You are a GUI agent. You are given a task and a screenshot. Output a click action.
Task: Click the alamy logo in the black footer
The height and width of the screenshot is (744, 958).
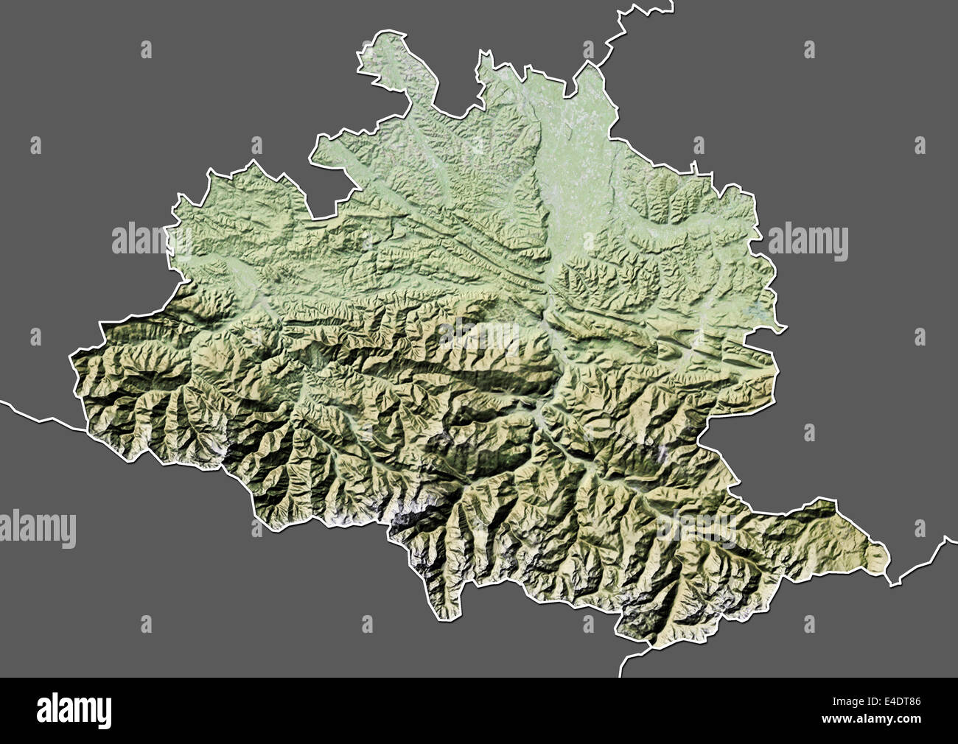(x=74, y=709)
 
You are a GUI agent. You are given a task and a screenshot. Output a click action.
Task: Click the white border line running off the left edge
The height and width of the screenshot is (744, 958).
(x=29, y=413)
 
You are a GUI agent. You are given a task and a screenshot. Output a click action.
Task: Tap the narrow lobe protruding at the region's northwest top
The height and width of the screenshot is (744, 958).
(x=383, y=55)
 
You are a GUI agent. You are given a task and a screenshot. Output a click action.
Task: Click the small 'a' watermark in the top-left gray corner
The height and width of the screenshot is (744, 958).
(x=146, y=50)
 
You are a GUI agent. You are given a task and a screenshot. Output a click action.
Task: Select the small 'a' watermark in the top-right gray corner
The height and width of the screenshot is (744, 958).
(x=809, y=50)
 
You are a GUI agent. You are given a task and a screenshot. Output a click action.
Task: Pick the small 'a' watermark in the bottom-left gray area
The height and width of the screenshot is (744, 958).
(x=146, y=625)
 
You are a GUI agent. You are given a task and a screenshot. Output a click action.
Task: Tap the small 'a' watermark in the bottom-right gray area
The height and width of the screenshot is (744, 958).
(x=809, y=625)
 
